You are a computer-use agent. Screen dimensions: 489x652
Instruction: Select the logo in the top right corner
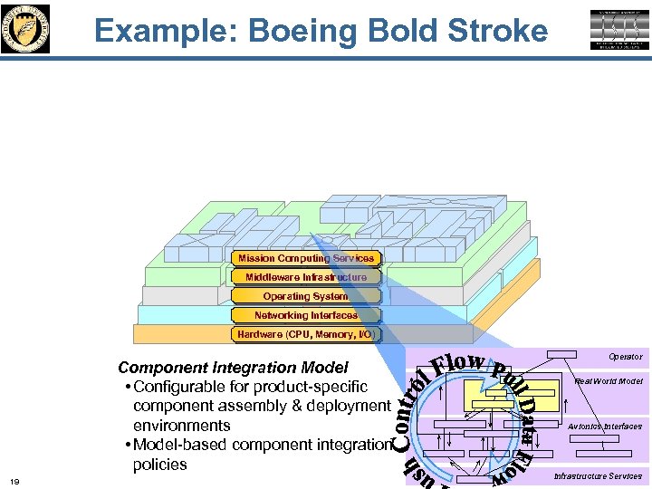click(620, 30)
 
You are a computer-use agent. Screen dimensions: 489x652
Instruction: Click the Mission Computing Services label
click(305, 259)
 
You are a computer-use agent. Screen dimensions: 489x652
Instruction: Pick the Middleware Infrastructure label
click(305, 277)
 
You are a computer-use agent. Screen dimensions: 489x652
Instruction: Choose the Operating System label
click(305, 296)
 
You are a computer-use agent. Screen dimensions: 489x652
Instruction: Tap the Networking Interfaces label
click(305, 315)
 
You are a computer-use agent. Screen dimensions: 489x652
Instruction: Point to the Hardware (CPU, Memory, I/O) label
click(305, 334)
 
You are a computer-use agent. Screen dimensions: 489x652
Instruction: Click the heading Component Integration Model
click(233, 368)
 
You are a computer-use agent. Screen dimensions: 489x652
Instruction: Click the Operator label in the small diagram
click(624, 357)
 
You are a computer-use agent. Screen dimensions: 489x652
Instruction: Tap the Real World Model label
click(609, 381)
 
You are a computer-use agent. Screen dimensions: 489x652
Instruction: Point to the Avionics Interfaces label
click(605, 427)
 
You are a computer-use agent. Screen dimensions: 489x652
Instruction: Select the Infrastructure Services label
click(598, 476)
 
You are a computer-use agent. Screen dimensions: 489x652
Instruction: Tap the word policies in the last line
click(160, 465)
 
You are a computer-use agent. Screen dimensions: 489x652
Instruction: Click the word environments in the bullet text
click(182, 426)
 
